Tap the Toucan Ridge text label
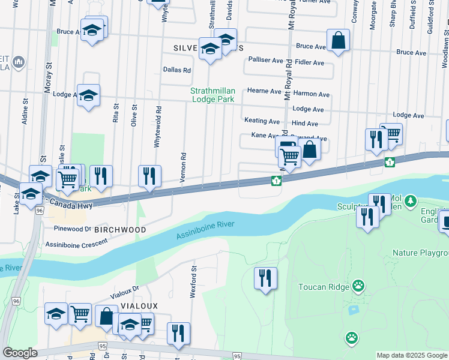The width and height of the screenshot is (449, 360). pyautogui.click(x=324, y=287)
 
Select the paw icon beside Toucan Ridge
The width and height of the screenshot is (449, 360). pyautogui.click(x=358, y=286)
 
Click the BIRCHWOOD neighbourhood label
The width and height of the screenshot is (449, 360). pyautogui.click(x=124, y=230)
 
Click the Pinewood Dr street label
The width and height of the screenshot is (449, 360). pyautogui.click(x=71, y=229)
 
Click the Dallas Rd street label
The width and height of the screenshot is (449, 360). pyautogui.click(x=177, y=70)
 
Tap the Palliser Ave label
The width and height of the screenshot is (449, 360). pyautogui.click(x=265, y=60)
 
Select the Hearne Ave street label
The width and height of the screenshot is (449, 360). pyautogui.click(x=264, y=91)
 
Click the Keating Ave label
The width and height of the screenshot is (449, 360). pyautogui.click(x=262, y=121)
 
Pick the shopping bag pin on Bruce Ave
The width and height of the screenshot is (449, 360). pyautogui.click(x=339, y=41)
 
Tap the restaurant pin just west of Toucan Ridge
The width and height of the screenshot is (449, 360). pyautogui.click(x=265, y=278)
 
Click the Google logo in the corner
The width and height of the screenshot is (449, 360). pyautogui.click(x=20, y=353)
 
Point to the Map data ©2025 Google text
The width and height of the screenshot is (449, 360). pyautogui.click(x=412, y=355)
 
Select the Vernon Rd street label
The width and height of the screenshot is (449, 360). pyautogui.click(x=182, y=163)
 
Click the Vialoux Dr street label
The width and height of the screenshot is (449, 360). pyautogui.click(x=124, y=292)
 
